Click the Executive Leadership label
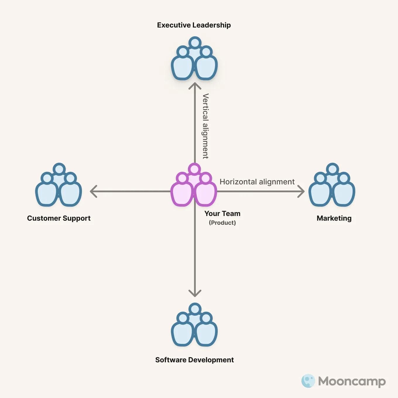coord(194,25)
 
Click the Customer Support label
coord(59,218)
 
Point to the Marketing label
coord(334,218)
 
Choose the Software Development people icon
coord(194,325)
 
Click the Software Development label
coord(194,360)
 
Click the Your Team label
coord(222,214)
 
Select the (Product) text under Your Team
coord(222,223)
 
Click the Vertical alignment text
coord(206,126)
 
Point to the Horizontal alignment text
coord(257,182)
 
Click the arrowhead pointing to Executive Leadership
coord(195,85)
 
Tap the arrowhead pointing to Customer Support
coord(93,191)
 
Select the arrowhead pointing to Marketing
coord(301,191)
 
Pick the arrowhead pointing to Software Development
coord(195,293)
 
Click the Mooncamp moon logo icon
coord(308,381)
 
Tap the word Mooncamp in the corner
coord(352,381)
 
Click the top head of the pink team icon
coord(194,169)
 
